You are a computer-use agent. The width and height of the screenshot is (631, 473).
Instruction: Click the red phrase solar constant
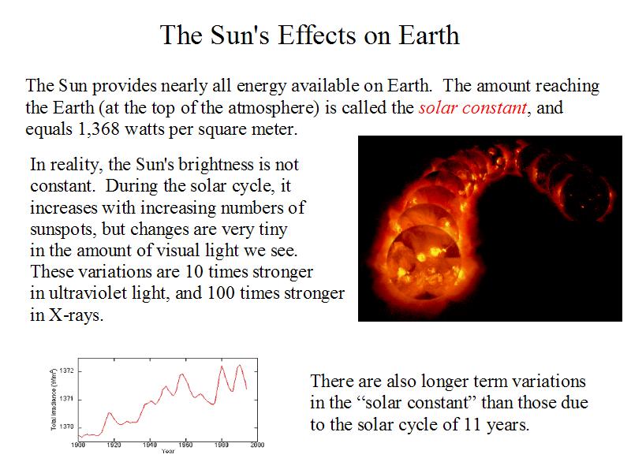(472, 107)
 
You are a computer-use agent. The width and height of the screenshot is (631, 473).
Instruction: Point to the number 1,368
(99, 128)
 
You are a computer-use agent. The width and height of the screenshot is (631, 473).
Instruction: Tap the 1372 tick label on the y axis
(67, 371)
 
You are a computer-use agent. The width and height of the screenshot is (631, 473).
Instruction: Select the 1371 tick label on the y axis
(67, 399)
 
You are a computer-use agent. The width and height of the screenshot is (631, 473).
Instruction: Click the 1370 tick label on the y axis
(67, 426)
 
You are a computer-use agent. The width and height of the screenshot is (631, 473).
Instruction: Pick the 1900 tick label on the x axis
(79, 445)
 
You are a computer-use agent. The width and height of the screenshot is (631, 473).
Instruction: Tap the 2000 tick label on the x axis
(257, 445)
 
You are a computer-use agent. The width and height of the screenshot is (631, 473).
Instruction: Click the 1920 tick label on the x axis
(114, 445)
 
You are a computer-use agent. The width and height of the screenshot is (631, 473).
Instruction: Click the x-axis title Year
(168, 452)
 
